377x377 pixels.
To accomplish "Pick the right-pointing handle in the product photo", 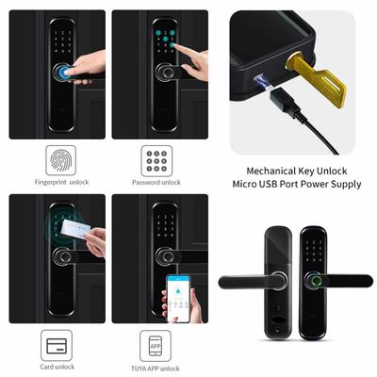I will click(x=344, y=279).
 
